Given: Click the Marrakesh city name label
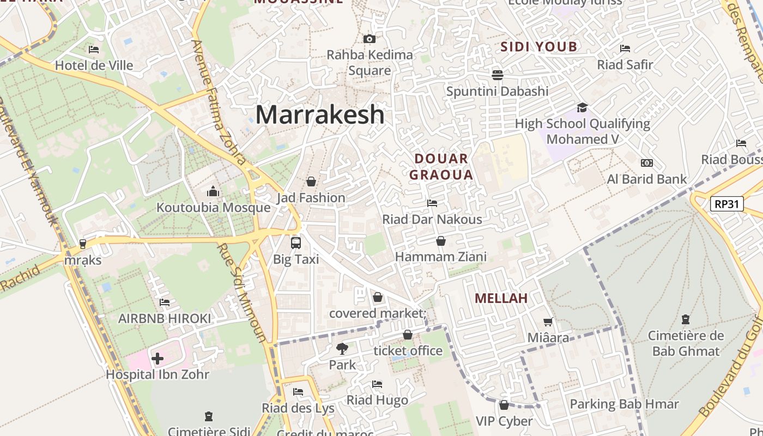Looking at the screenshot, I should click(x=320, y=114).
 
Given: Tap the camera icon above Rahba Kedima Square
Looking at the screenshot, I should click(x=369, y=39).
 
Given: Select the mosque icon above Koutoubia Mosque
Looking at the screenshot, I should click(x=213, y=191).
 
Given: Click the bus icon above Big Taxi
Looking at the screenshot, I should click(x=296, y=243).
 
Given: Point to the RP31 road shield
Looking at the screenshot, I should click(x=727, y=204).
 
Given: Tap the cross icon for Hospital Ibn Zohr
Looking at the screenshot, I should click(x=158, y=358).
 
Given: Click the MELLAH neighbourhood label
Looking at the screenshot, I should click(x=501, y=298).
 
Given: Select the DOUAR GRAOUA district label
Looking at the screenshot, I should click(x=441, y=167).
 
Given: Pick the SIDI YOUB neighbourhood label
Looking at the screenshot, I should click(x=538, y=47).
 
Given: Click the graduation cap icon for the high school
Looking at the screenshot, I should click(x=582, y=107).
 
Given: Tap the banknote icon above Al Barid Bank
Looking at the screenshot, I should click(x=647, y=163).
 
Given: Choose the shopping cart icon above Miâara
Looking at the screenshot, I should click(x=548, y=322).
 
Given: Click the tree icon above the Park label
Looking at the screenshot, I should click(x=342, y=348).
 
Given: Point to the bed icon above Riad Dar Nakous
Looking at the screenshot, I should click(x=432, y=203).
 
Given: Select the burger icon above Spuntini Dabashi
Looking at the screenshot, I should click(x=497, y=75).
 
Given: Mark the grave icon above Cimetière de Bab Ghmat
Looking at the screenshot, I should click(x=686, y=319).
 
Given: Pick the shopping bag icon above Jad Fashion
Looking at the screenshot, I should click(x=311, y=181).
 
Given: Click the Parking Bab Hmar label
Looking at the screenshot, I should click(x=624, y=404).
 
